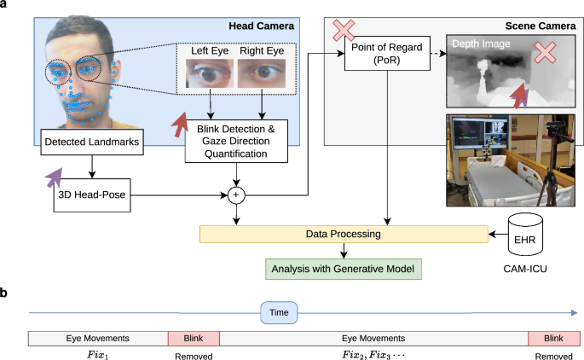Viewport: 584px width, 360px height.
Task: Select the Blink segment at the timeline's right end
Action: pyautogui.click(x=554, y=338)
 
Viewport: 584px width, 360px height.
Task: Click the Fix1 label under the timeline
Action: pyautogui.click(x=98, y=352)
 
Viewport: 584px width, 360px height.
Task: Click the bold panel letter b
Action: pyautogui.click(x=6, y=293)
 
